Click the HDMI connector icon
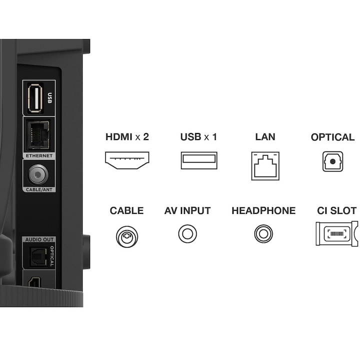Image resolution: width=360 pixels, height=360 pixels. [x=127, y=160]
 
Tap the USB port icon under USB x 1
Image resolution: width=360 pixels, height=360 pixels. [x=199, y=160]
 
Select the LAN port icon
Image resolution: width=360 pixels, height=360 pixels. [x=265, y=166]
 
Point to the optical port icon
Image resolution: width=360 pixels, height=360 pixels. [x=332, y=161]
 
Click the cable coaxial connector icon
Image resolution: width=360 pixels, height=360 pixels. [x=127, y=236]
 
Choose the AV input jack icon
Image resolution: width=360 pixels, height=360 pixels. [x=187, y=233]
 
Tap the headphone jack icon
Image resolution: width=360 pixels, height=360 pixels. [x=263, y=233]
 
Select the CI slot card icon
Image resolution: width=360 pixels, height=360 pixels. [x=337, y=233]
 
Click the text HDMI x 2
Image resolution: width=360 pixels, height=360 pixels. [x=127, y=137]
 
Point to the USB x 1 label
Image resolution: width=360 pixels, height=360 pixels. [x=198, y=137]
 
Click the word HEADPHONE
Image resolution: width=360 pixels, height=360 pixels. [x=263, y=211]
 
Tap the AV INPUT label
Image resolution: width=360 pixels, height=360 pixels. [x=187, y=211]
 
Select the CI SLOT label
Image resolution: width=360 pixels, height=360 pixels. [x=336, y=211]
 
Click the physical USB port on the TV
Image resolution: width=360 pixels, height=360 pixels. [x=35, y=98]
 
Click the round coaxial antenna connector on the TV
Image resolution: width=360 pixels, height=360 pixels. [x=38, y=174]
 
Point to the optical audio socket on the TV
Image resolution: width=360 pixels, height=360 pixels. [x=38, y=256]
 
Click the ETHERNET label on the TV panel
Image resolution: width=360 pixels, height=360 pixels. [x=39, y=155]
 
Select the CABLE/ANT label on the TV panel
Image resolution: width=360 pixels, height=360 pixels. [x=39, y=189]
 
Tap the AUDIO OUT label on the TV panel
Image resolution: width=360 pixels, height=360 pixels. [x=39, y=239]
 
